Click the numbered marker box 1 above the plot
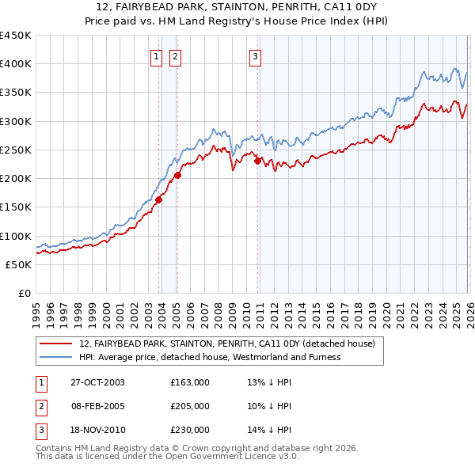156,55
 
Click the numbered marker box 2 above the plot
174,55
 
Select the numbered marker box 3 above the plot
256,55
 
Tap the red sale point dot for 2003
159,199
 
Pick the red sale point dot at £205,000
177,176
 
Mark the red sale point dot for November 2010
258,161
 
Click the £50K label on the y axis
19,265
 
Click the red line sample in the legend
56,344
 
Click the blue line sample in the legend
56,357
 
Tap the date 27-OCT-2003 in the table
97,382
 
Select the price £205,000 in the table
190,406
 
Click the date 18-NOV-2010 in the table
97,430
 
